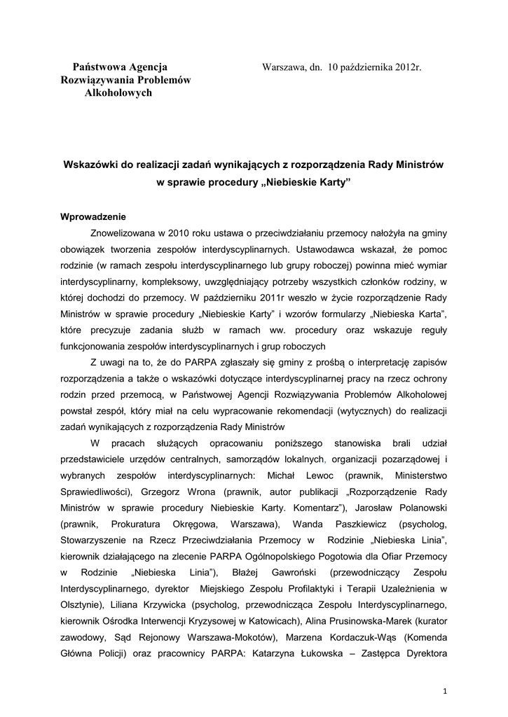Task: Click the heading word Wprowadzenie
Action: tap(93, 216)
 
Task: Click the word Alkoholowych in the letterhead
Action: tap(118, 93)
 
